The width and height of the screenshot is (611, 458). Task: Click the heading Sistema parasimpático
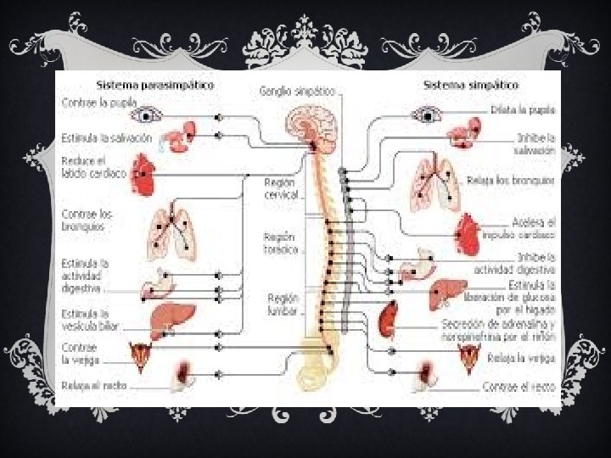[x=155, y=85]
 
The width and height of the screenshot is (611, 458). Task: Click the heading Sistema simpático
[x=471, y=85]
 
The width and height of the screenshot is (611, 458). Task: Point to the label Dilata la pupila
[x=523, y=110]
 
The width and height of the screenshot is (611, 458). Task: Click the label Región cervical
[x=281, y=188]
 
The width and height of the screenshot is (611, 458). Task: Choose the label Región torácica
[x=281, y=243]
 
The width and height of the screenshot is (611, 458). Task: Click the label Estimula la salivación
[x=107, y=137]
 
